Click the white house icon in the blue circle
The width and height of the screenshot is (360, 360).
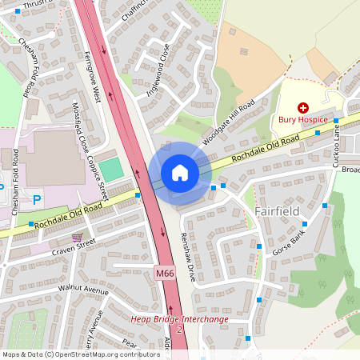(x=180, y=172)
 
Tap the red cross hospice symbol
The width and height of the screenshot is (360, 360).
(x=303, y=107)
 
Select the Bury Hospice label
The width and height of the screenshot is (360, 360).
(x=303, y=120)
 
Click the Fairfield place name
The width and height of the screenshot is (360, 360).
(x=277, y=211)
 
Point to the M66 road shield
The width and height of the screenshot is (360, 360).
(x=165, y=274)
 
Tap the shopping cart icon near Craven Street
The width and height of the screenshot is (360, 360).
(x=77, y=238)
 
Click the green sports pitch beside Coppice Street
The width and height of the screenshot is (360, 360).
(x=113, y=169)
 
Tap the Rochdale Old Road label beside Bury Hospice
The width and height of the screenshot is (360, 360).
(x=266, y=149)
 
